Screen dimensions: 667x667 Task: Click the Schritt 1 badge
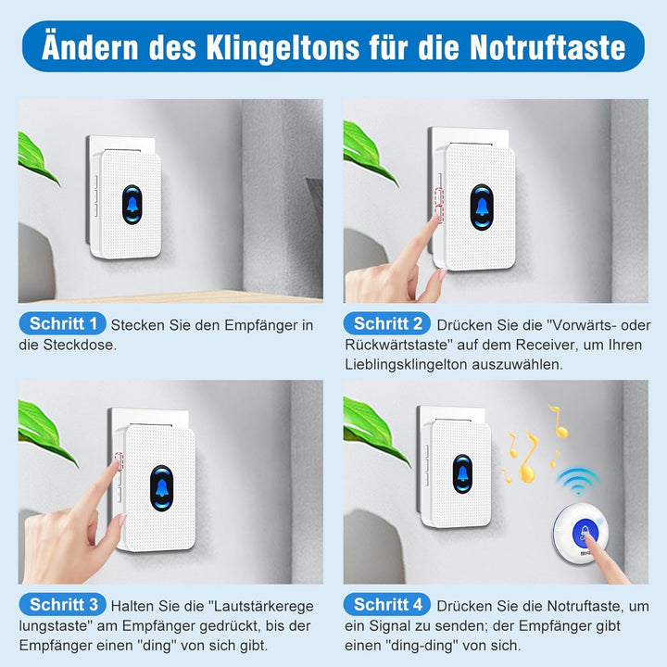63,323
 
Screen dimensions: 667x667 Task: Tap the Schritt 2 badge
387,323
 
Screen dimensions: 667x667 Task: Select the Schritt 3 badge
63,604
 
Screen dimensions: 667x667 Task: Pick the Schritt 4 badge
387,604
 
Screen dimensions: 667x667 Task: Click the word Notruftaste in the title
547,47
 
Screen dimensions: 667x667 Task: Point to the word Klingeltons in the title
283,48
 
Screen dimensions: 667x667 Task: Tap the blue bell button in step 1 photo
132,205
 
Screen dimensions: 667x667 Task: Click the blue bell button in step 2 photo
482,208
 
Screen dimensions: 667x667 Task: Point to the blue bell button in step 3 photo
161,488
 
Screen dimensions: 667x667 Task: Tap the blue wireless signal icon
578,481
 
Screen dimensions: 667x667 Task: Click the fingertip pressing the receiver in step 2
434,219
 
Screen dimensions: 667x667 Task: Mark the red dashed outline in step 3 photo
119,461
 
